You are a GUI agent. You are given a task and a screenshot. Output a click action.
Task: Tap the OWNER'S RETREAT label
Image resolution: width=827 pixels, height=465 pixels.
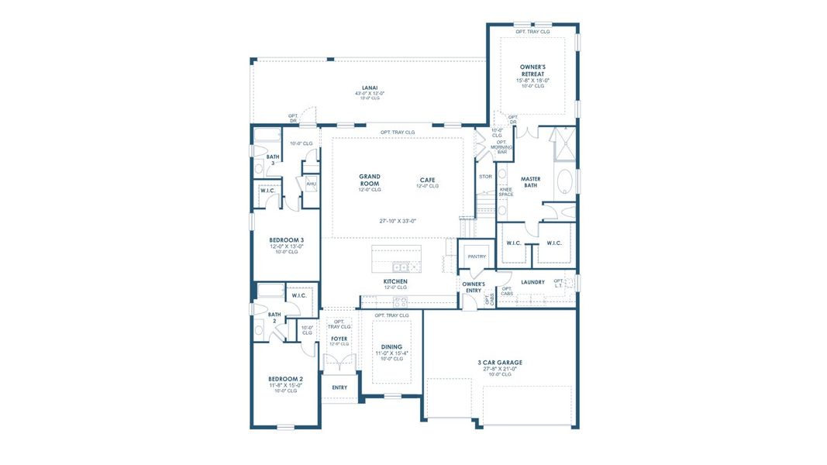coord(532,71)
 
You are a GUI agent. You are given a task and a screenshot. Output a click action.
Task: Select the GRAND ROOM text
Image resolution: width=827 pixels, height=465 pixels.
coord(369,180)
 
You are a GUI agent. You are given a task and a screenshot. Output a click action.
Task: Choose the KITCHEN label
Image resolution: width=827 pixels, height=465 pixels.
coord(395,281)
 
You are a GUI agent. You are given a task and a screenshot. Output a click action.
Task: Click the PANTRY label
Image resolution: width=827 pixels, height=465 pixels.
coord(476,257)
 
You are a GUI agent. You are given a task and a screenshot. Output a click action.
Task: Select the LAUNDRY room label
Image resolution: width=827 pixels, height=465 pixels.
coord(532,282)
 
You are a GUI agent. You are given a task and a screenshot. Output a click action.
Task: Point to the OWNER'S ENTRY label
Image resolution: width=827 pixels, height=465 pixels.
coord(474,288)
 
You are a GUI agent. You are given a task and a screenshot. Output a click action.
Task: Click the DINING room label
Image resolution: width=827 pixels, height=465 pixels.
coord(391,347)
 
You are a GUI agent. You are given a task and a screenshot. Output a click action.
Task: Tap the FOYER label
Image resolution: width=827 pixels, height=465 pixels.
coord(339,339)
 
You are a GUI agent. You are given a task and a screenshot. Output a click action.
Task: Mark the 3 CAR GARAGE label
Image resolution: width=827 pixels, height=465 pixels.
coord(500,362)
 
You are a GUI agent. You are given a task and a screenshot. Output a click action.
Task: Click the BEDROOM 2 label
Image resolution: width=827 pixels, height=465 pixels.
coord(285,379)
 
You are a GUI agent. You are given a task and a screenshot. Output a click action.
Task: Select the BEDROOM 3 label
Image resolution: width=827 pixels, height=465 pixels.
coord(286,240)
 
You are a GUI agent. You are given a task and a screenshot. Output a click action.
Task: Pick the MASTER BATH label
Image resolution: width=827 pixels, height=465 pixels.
coord(531,182)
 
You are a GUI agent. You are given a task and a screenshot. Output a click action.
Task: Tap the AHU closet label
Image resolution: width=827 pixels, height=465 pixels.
coord(311,184)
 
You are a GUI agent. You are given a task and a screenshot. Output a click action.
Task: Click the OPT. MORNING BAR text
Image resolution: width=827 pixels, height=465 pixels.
coord(501,146)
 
